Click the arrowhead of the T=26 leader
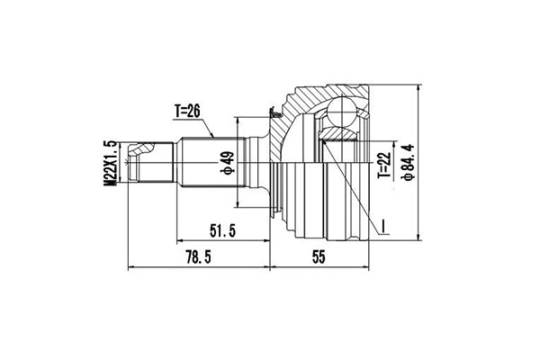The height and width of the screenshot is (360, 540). coord(212,136)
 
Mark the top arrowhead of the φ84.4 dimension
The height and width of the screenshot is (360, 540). coord(419,86)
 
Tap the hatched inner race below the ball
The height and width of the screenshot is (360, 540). coord(338,135)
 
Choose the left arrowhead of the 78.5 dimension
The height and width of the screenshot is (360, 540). coord(131,267)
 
